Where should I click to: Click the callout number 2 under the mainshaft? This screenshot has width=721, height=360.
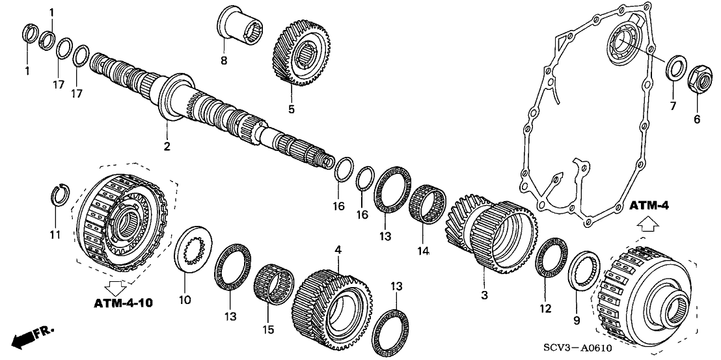click(x=167, y=146)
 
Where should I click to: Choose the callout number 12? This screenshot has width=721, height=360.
click(x=545, y=308)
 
